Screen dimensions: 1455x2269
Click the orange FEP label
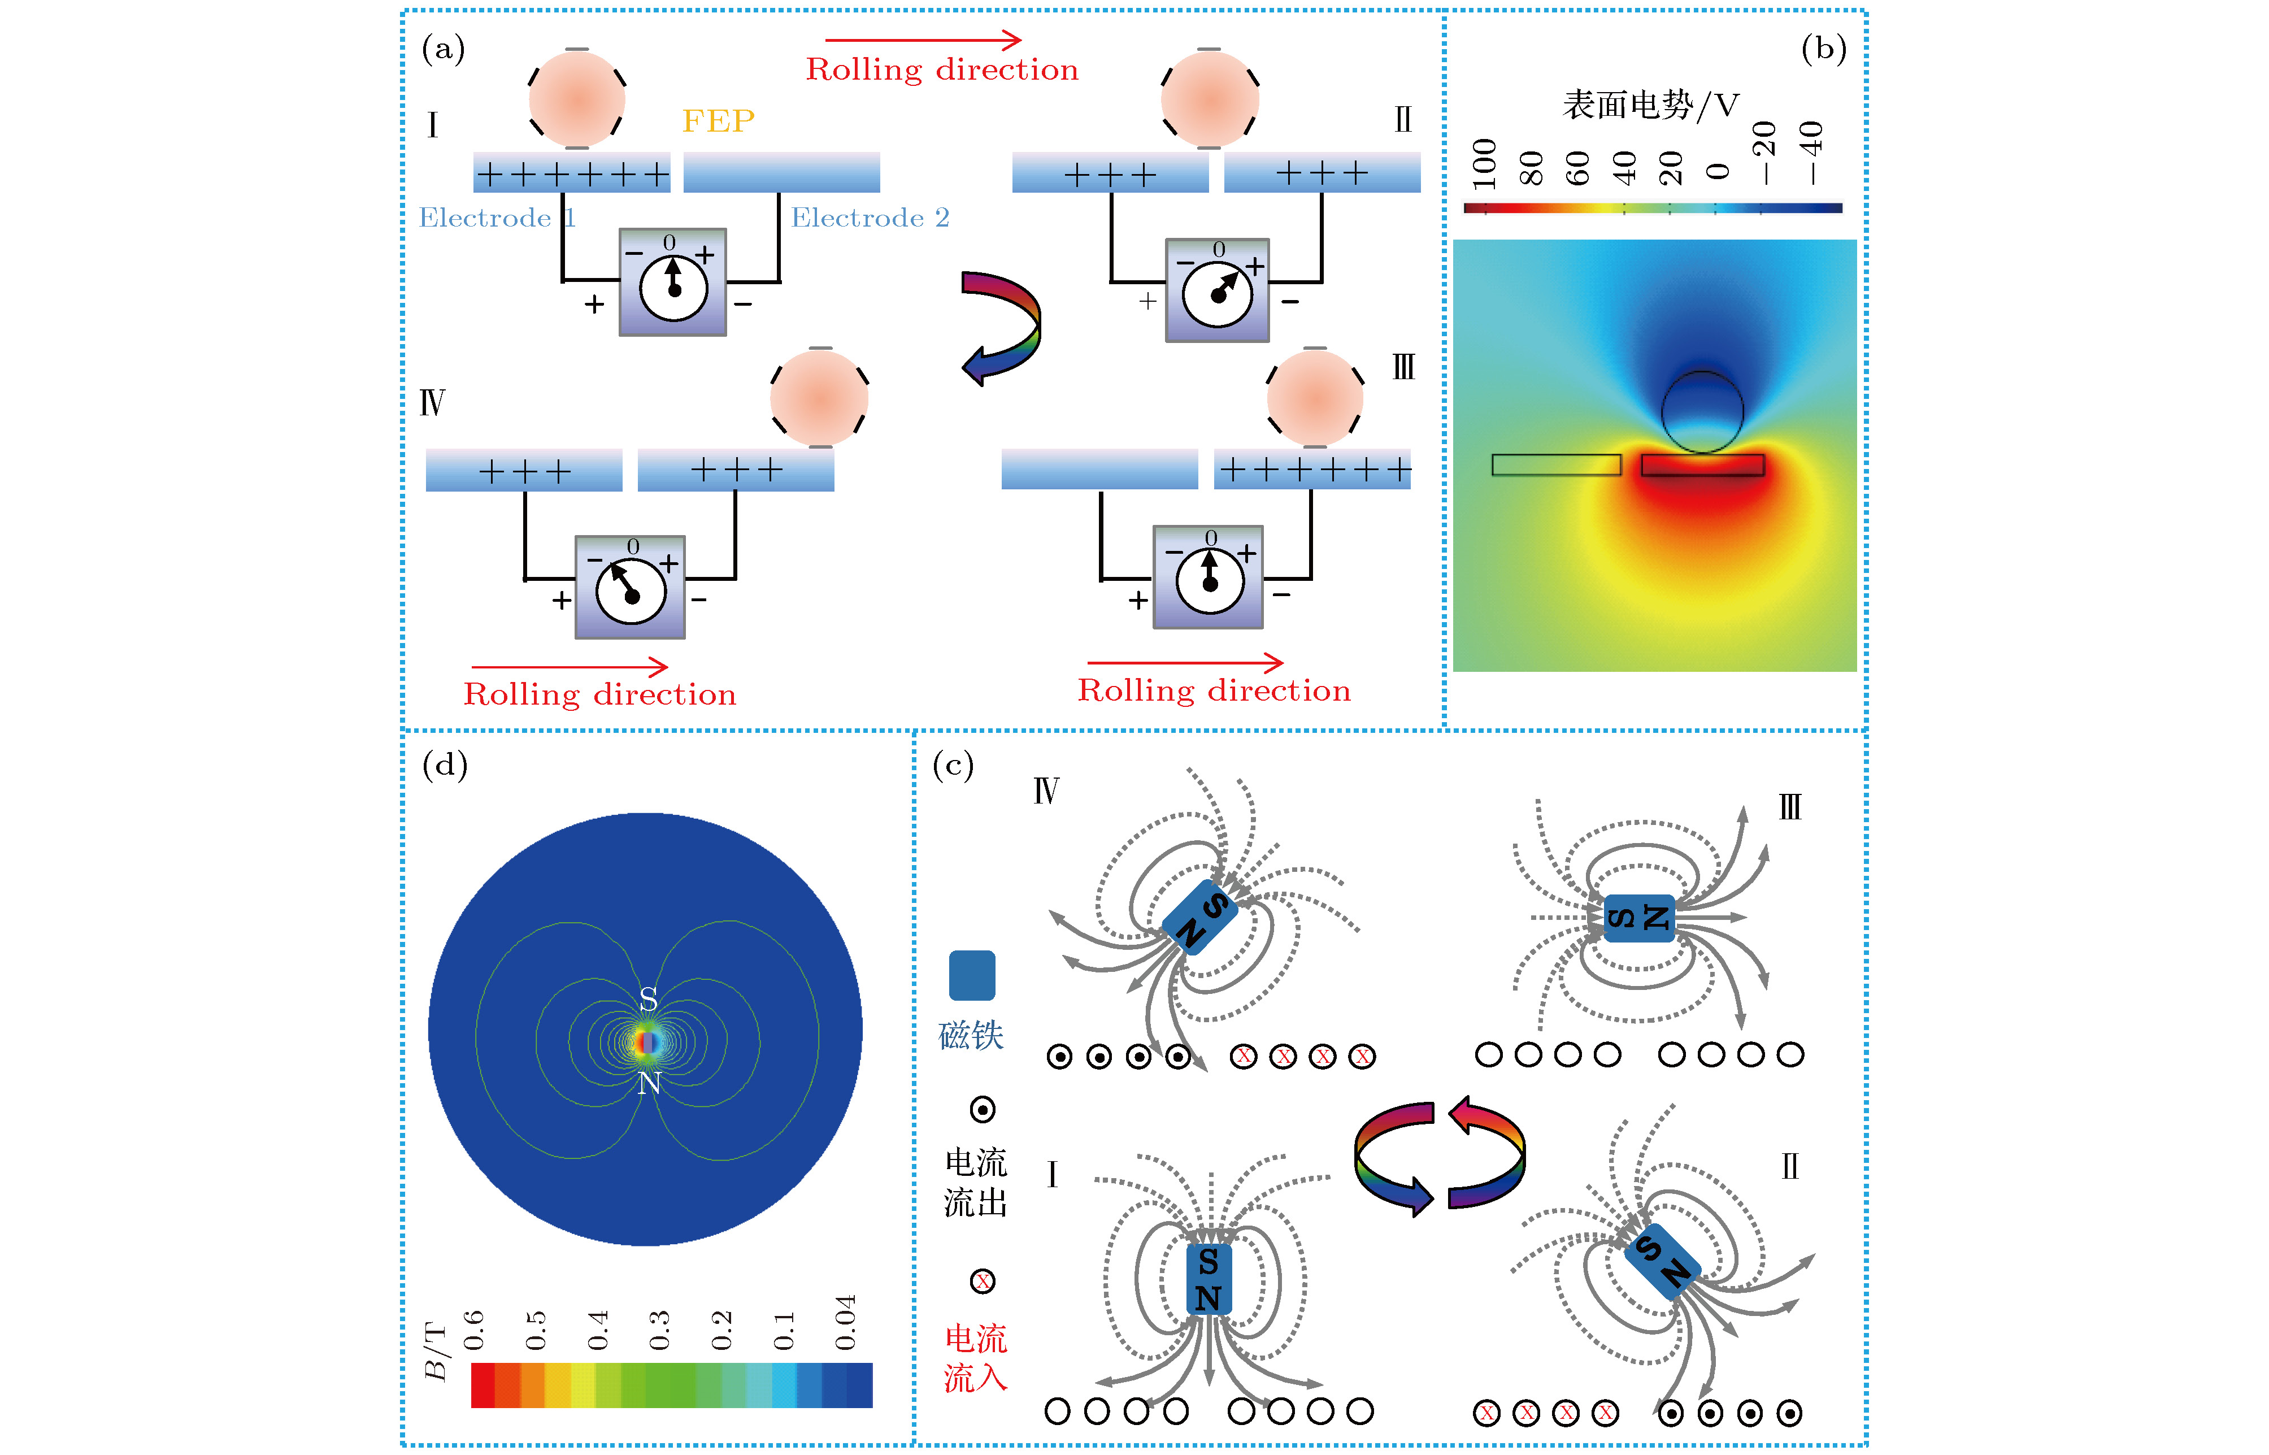click(x=718, y=121)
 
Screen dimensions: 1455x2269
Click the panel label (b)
click(x=1823, y=48)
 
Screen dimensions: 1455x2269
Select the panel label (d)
click(x=445, y=765)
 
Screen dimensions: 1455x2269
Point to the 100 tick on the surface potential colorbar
click(x=1484, y=163)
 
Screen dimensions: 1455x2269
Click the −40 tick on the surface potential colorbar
click(x=1811, y=153)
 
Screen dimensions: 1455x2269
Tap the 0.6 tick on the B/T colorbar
click(x=474, y=1330)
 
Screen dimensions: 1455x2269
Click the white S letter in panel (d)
click(x=648, y=998)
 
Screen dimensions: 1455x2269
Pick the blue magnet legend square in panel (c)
click(x=971, y=975)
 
